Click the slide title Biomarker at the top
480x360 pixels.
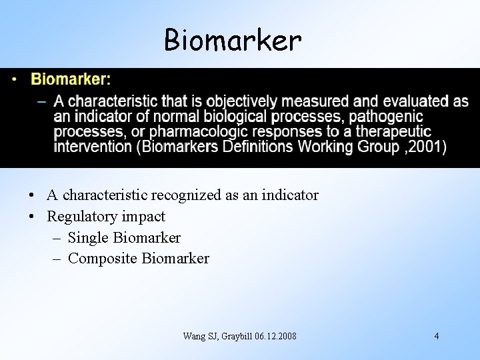pyautogui.click(x=233, y=41)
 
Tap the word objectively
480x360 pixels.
pyautogui.click(x=241, y=102)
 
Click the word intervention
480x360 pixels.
pyautogui.click(x=93, y=147)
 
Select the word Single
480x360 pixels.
pyautogui.click(x=89, y=238)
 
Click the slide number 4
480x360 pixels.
pyautogui.click(x=437, y=336)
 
